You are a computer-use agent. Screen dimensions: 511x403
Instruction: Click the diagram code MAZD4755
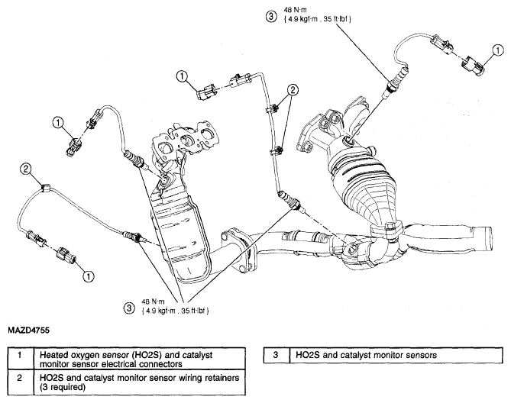[29, 330]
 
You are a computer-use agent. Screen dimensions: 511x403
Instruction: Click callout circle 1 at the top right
[498, 50]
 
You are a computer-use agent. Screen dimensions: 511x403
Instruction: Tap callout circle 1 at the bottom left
[89, 276]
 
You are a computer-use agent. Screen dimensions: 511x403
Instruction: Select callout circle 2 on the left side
[26, 168]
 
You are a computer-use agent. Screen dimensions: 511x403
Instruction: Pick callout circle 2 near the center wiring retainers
[293, 89]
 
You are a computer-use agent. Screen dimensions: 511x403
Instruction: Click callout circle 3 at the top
[271, 16]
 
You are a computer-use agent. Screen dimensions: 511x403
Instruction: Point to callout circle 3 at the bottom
[129, 308]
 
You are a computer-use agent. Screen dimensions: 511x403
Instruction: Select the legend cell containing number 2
[20, 382]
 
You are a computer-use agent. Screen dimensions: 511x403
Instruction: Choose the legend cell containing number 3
[277, 355]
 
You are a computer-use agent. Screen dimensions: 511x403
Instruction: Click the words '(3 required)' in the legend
[63, 387]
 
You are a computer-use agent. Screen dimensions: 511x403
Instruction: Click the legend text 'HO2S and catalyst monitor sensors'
[367, 355]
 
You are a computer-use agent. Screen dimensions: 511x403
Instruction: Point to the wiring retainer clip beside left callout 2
[45, 188]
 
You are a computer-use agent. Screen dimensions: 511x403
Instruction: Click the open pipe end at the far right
[487, 238]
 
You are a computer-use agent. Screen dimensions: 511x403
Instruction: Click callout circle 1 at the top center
[182, 76]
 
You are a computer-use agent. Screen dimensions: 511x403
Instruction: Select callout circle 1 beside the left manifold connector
[58, 123]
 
